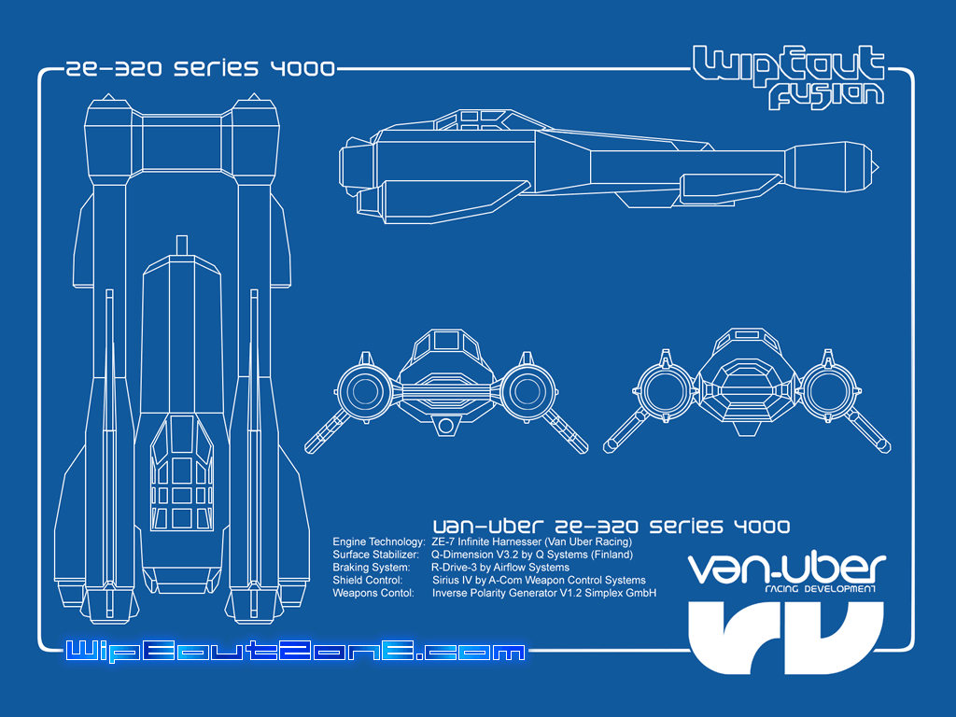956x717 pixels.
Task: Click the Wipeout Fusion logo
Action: click(789, 77)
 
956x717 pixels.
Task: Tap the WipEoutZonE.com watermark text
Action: click(296, 651)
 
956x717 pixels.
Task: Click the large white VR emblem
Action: click(786, 637)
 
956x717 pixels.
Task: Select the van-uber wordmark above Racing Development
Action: click(786, 569)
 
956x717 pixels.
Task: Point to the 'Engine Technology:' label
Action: click(379, 541)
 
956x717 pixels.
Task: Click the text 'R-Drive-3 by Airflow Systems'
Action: click(500, 567)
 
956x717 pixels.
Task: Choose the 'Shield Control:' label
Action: click(367, 580)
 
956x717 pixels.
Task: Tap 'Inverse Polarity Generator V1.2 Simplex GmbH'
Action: click(544, 593)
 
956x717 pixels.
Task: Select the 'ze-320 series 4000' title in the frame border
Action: click(200, 68)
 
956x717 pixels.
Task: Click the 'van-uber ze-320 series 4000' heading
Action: click(611, 527)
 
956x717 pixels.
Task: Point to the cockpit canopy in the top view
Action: click(182, 472)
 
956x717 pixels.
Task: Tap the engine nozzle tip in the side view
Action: click(875, 166)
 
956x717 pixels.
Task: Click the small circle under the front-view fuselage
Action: click(445, 426)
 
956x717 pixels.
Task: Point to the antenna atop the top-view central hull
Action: click(181, 246)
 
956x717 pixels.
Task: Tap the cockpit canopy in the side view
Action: click(472, 120)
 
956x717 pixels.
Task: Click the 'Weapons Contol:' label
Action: click(373, 593)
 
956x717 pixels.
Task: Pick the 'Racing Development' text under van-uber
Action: click(820, 589)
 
